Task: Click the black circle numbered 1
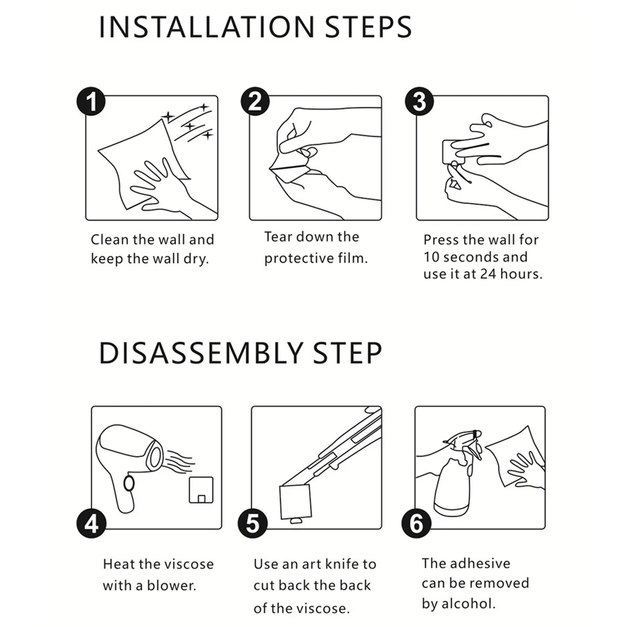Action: (x=91, y=102)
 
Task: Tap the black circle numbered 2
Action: (x=255, y=102)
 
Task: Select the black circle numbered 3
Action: (x=419, y=102)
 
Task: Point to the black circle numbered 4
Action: (x=91, y=524)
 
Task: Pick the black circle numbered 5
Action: (x=252, y=524)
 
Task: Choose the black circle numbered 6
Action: (x=416, y=524)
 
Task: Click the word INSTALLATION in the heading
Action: (x=207, y=27)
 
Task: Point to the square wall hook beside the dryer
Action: (x=201, y=490)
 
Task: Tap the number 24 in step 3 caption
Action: (x=488, y=274)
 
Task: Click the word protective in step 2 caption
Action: (x=298, y=259)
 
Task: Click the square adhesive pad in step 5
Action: (x=295, y=502)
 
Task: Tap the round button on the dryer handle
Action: (x=129, y=483)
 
